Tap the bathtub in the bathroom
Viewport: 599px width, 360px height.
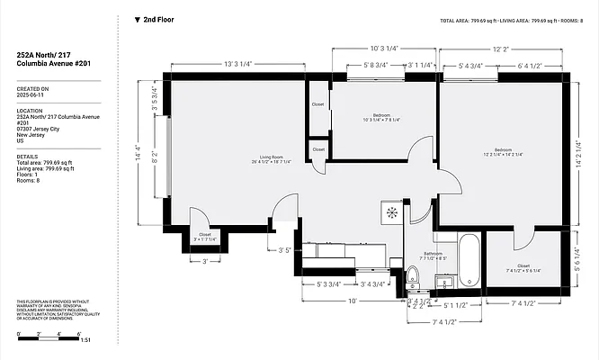click(469, 262)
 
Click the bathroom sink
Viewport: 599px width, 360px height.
click(443, 283)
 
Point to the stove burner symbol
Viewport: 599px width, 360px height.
click(392, 213)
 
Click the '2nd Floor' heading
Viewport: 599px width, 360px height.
click(159, 19)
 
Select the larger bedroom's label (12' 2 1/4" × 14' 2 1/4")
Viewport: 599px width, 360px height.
click(502, 152)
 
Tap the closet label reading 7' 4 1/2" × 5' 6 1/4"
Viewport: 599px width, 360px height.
click(523, 267)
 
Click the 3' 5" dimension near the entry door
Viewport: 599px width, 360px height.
click(286, 250)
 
